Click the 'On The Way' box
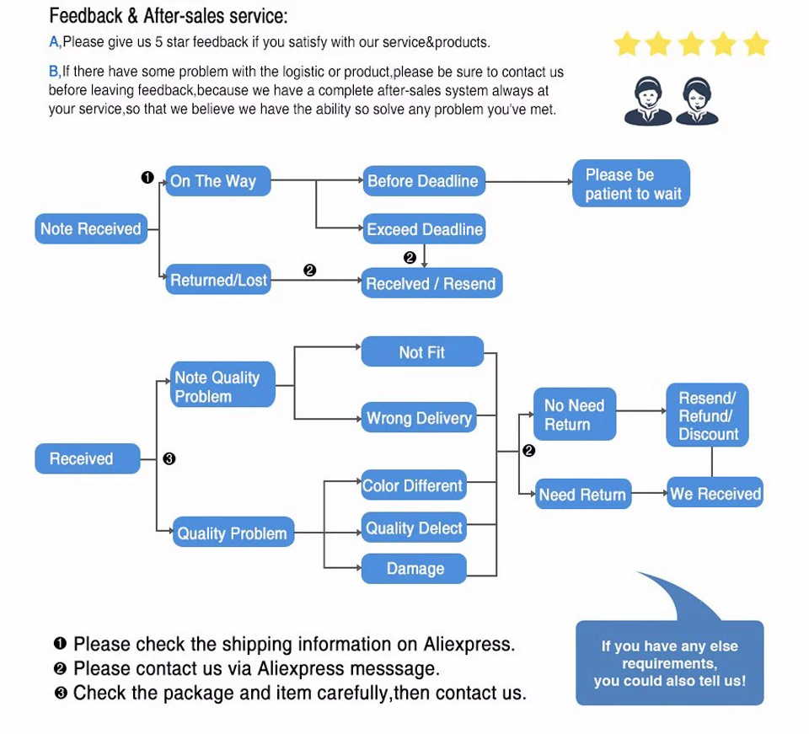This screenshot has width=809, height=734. click(x=218, y=181)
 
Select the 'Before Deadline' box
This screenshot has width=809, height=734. click(x=424, y=181)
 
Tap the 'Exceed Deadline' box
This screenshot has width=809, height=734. click(x=424, y=229)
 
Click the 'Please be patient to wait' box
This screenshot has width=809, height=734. click(x=632, y=184)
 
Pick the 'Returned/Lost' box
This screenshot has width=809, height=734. click(x=218, y=280)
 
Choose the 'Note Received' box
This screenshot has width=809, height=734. click(x=91, y=229)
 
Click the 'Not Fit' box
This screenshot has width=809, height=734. click(x=422, y=352)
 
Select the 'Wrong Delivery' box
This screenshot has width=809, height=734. click(x=419, y=418)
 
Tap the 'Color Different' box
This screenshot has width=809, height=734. click(x=413, y=485)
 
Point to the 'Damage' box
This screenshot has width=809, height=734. click(x=415, y=569)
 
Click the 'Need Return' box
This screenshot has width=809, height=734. click(x=582, y=495)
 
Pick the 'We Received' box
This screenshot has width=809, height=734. click(x=715, y=494)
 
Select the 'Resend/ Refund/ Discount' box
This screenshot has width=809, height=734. click(x=708, y=416)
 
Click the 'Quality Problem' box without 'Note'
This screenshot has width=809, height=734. click(x=233, y=533)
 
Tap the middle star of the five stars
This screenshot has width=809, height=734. click(x=691, y=44)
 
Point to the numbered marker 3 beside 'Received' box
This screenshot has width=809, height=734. click(x=169, y=459)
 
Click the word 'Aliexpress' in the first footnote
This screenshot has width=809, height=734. click(x=468, y=645)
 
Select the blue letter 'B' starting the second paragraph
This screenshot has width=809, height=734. click(x=53, y=72)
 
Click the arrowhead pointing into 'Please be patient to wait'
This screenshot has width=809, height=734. click(x=567, y=181)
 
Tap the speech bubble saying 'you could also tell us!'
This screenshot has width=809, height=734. click(x=669, y=663)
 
